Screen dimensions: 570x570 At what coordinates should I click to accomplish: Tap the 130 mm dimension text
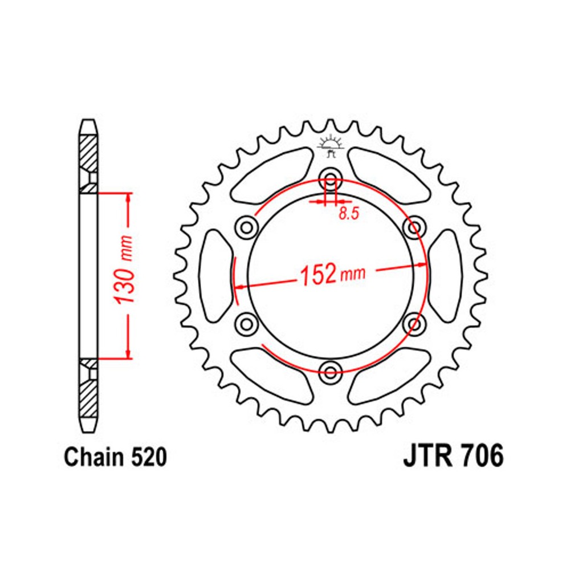point(124,270)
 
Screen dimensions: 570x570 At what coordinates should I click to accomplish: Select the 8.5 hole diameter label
point(349,214)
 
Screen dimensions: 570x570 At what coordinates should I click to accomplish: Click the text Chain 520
point(116,457)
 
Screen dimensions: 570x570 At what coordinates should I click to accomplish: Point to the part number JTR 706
point(453,456)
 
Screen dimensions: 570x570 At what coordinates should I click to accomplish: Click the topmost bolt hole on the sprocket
point(331,179)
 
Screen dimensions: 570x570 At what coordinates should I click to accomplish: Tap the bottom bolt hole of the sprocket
point(331,372)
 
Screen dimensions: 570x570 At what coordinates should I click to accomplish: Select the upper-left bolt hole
point(247,228)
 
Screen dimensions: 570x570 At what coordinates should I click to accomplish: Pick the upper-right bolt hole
point(414,228)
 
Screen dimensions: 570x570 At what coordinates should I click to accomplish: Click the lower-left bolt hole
point(247,323)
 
